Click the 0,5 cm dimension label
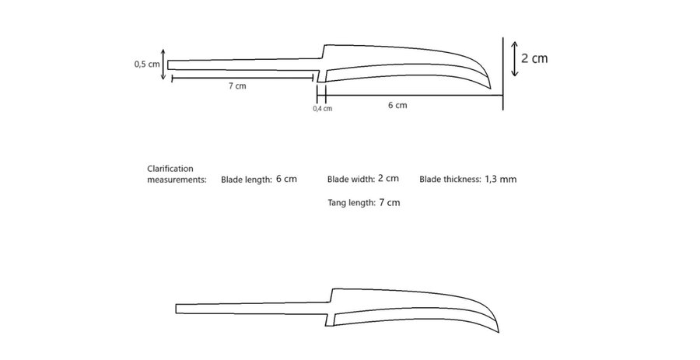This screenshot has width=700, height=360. click(147, 65)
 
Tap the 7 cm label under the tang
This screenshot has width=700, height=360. click(237, 86)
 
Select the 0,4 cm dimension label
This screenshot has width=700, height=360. click(322, 108)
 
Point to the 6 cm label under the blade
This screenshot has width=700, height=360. click(397, 105)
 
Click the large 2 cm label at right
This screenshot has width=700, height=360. click(534, 58)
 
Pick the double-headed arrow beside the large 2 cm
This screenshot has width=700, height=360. click(514, 58)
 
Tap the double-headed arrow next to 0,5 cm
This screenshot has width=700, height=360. click(163, 65)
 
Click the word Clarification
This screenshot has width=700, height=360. click(170, 169)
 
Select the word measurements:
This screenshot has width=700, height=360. click(177, 180)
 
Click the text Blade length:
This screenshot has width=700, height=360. click(247, 180)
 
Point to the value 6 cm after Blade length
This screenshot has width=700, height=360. click(286, 179)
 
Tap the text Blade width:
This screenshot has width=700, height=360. click(351, 180)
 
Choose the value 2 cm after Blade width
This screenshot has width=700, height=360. click(388, 178)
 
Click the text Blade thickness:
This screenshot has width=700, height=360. click(450, 180)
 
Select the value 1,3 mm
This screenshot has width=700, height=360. click(500, 180)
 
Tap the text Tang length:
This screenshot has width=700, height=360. click(352, 203)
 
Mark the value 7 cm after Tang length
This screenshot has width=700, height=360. click(390, 202)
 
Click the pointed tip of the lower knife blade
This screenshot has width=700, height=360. click(499, 332)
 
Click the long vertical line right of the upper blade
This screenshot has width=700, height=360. click(503, 74)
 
